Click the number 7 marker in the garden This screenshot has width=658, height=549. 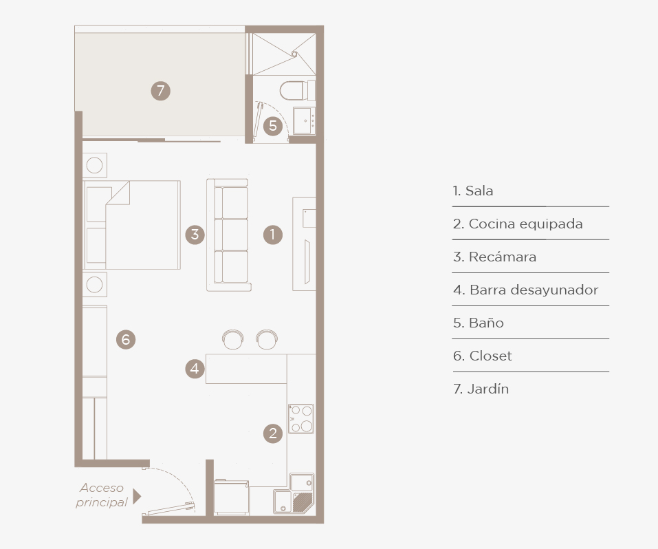[161, 91]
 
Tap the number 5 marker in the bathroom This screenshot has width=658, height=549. [273, 126]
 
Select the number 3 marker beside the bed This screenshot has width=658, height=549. [195, 235]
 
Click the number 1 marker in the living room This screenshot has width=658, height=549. [273, 235]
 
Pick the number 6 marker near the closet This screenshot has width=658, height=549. [126, 339]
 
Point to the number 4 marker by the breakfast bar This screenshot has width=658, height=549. [195, 368]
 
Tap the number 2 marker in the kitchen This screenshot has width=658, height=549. [273, 433]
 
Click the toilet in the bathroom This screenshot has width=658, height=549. [298, 90]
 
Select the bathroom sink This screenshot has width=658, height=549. [304, 120]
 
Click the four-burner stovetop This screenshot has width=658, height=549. [301, 418]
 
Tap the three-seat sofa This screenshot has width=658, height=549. [229, 235]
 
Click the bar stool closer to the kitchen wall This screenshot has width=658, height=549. [267, 339]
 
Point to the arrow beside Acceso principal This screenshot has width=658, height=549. [137, 496]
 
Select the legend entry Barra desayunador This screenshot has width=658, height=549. [526, 290]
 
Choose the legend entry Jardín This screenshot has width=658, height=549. [481, 389]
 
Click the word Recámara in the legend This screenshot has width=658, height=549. [503, 257]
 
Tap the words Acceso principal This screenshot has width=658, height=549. [102, 495]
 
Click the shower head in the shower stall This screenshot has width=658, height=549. [294, 54]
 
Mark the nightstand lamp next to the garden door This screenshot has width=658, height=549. [94, 165]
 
